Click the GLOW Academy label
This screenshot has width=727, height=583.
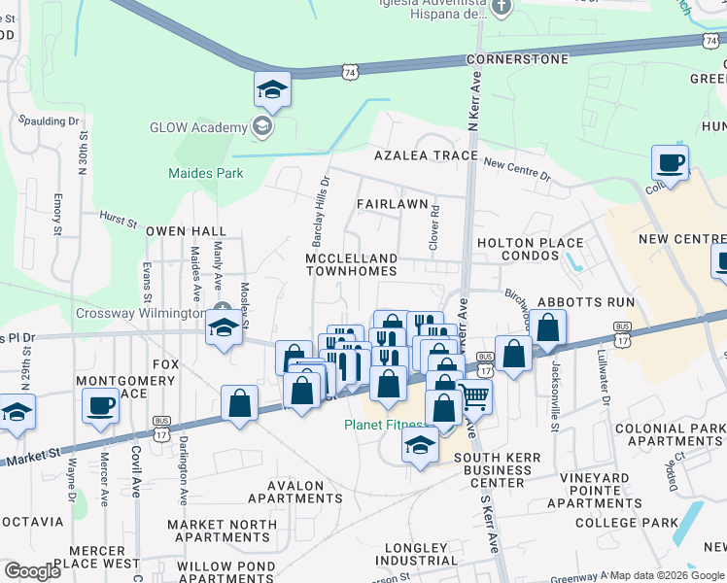click(198, 128)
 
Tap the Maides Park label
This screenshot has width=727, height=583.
click(205, 174)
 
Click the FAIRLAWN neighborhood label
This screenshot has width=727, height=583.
click(392, 204)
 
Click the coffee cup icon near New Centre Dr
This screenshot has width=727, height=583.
click(669, 162)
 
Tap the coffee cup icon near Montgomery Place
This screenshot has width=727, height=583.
click(100, 404)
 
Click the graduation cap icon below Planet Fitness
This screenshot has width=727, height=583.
click(419, 447)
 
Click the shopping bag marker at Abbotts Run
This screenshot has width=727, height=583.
click(548, 329)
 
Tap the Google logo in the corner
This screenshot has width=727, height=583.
click(32, 571)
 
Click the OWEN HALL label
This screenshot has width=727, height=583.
click(186, 231)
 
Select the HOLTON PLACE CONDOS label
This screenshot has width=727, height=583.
click(529, 250)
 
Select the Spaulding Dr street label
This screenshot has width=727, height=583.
click(47, 121)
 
